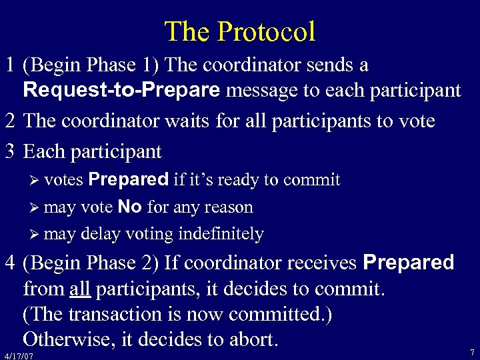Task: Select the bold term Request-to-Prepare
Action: (121, 91)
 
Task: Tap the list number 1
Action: (10, 66)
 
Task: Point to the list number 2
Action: (10, 121)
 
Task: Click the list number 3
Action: (10, 152)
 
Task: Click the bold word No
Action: (129, 207)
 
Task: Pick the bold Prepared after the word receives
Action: (408, 263)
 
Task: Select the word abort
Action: (253, 340)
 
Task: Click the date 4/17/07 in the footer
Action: (18, 356)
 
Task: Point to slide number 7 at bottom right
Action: (471, 352)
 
